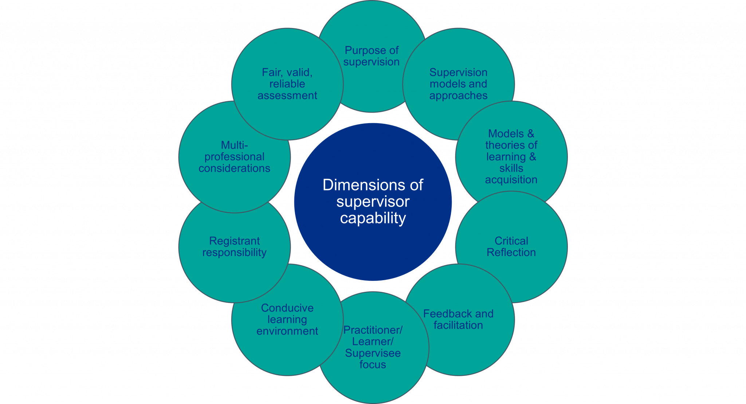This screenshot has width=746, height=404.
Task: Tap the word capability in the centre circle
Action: point(373,219)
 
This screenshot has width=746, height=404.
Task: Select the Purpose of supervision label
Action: point(371,56)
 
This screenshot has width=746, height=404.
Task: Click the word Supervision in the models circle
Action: point(458,72)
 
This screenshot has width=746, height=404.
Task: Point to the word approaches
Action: point(458,95)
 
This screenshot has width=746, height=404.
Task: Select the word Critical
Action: point(511,241)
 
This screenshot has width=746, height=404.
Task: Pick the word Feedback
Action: point(447,314)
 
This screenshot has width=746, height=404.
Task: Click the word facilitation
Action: point(458,325)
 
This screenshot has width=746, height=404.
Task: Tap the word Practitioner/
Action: point(373,330)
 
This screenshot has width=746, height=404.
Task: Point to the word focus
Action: point(372,365)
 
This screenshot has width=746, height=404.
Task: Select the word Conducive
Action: point(287,308)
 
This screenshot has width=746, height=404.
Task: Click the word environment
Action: point(287,331)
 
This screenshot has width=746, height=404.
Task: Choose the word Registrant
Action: point(234,241)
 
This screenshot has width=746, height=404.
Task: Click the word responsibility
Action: point(234,253)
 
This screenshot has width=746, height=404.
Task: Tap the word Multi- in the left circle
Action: point(234,145)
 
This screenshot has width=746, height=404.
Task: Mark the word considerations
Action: point(234,168)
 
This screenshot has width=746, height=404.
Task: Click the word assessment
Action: point(287,95)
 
